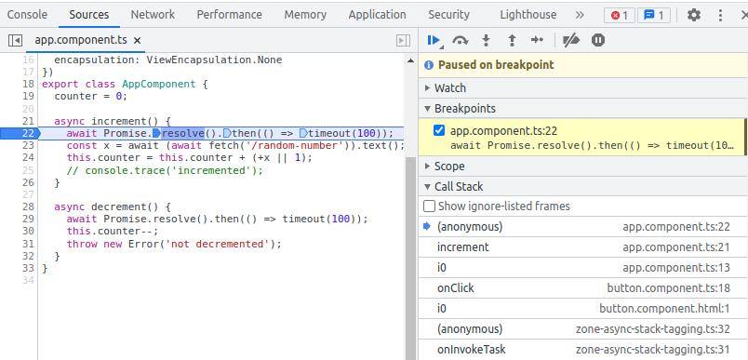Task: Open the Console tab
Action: point(27,15)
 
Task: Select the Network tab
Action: point(153,15)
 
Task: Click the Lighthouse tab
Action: point(528,15)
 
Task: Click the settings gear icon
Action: point(693,15)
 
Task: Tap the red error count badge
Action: point(618,15)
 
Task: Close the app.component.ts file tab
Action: point(138,41)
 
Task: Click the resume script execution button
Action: point(434,40)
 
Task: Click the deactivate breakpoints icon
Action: point(571,40)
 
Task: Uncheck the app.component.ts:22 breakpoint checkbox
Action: point(439,131)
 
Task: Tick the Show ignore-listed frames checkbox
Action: point(430,207)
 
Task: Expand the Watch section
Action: point(450,87)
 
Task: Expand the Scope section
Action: point(449,166)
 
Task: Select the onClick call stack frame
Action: point(456,288)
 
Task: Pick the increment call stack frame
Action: point(462,247)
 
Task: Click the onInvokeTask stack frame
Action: point(471,350)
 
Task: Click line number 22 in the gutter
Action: point(28,133)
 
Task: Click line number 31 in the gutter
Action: point(28,244)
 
